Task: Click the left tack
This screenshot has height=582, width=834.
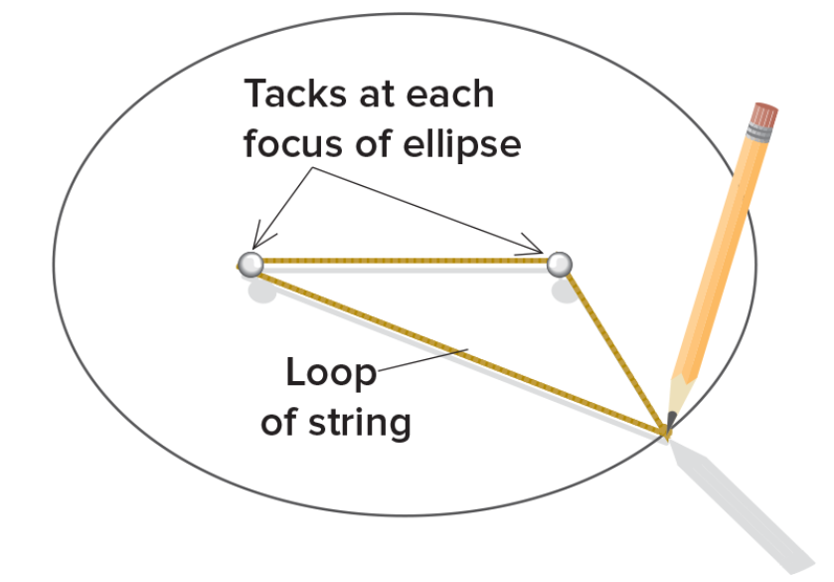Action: click(250, 264)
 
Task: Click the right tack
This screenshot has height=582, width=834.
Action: click(560, 264)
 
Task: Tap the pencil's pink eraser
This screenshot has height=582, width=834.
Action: click(764, 114)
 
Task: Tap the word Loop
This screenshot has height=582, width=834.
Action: click(331, 373)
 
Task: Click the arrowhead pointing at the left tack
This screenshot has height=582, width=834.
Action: click(257, 242)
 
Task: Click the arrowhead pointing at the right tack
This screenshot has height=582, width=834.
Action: click(537, 249)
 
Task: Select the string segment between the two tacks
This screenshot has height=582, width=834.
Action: click(405, 261)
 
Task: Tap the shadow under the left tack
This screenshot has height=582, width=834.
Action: click(262, 291)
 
